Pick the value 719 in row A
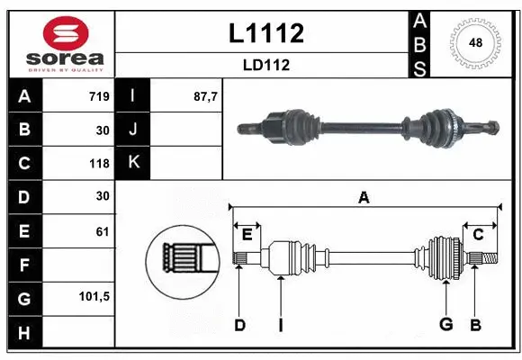point(99,96)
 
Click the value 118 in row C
point(99,164)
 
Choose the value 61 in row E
point(102,231)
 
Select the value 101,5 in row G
point(94,297)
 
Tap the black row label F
point(23,265)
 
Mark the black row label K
point(134,163)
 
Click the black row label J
point(134,130)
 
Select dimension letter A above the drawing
point(364,198)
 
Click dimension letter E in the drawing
point(247,235)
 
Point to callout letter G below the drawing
point(445,325)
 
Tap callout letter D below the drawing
point(239,325)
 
